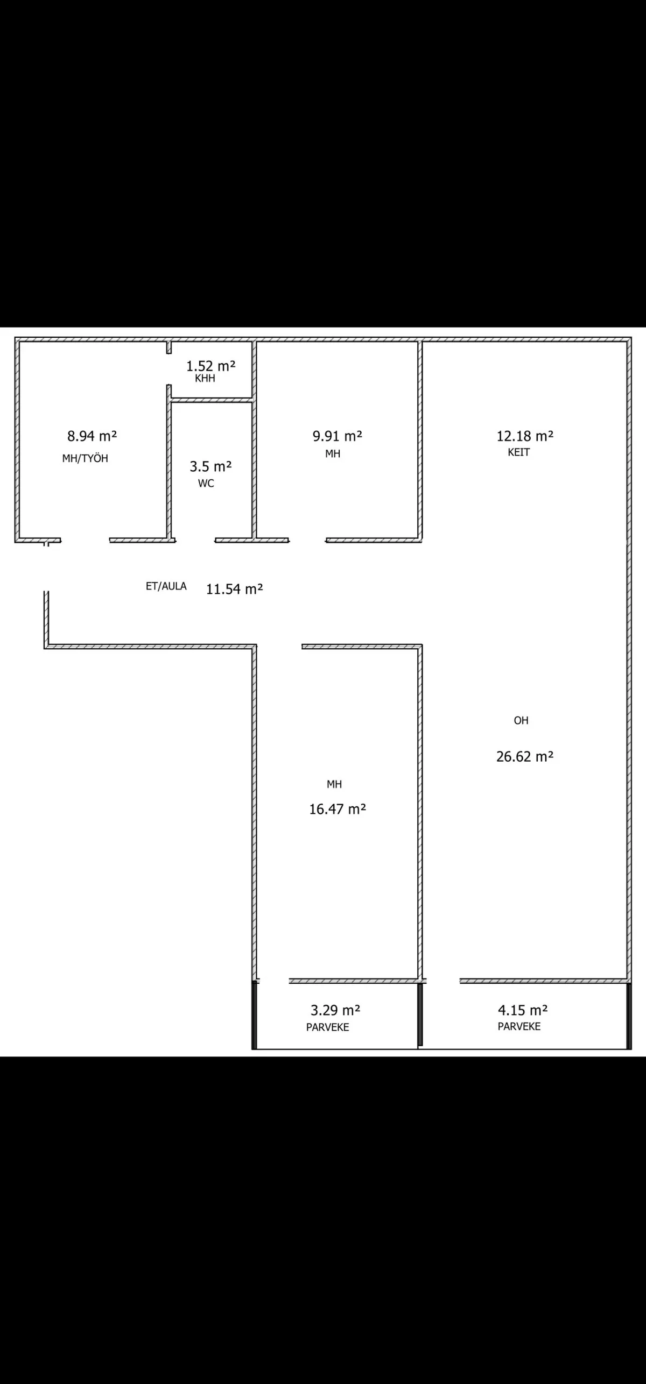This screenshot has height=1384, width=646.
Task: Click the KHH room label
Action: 205,378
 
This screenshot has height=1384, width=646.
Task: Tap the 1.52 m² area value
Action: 211,366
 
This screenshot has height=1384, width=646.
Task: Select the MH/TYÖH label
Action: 85,458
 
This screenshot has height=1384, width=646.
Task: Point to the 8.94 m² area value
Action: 92,436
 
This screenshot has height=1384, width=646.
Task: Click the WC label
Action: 206,483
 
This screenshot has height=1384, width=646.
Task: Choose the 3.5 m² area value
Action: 210,466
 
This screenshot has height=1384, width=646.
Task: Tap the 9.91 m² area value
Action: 338,436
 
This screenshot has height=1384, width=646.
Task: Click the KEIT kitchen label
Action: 519,452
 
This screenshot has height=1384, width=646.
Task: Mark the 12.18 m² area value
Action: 525,436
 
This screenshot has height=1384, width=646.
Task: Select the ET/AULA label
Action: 166,586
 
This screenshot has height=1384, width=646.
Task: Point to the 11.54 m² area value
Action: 235,589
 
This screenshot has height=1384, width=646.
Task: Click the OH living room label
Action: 521,720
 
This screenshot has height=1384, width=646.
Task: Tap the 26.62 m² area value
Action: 525,756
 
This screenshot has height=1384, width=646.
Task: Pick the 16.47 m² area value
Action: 338,809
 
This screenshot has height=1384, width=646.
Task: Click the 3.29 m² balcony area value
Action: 335,1010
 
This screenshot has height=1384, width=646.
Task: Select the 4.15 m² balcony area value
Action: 523,1010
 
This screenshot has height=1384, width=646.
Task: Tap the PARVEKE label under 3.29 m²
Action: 328,1027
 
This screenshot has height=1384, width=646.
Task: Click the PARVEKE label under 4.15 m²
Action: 519,1026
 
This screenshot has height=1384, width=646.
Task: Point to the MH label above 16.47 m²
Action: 334,784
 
